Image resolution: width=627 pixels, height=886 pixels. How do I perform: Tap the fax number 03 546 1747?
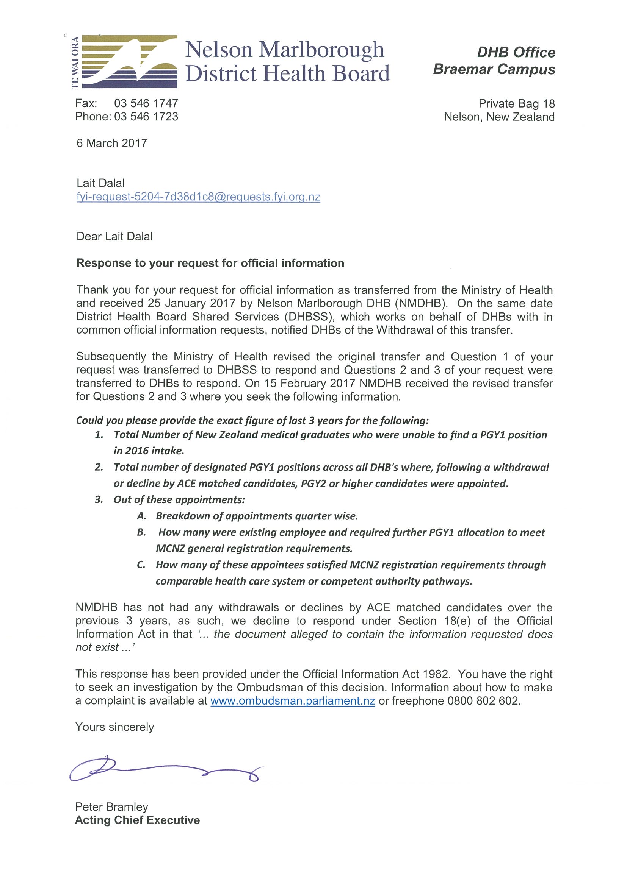tap(146, 103)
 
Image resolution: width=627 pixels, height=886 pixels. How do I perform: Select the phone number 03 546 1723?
tap(146, 117)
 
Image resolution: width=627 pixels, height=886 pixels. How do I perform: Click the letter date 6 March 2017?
tap(112, 143)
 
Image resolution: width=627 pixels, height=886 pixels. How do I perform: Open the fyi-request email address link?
tap(198, 197)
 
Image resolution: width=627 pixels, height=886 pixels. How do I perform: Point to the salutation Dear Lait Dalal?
tap(114, 237)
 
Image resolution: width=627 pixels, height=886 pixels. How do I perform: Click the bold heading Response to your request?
tap(210, 263)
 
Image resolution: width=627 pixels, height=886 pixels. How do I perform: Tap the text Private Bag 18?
tap(516, 103)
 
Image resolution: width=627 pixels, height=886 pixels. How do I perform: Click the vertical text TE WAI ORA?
tap(75, 62)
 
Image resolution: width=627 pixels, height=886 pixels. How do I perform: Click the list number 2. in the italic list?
tap(99, 467)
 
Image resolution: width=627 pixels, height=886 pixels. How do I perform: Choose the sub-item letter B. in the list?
tap(141, 532)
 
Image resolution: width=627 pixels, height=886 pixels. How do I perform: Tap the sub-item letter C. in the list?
tap(141, 565)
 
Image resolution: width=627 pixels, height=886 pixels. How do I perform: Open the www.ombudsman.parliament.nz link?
tap(292, 701)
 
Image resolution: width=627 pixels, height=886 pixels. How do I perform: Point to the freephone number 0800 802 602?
tap(483, 701)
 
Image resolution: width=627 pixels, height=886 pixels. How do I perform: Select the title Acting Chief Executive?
tap(137, 820)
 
